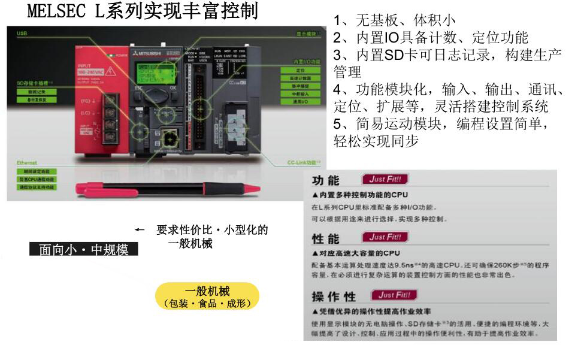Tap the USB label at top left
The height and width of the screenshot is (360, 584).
click(22, 34)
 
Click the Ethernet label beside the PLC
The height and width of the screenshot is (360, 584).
click(27, 162)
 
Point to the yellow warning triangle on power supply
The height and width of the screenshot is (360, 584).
click(110, 71)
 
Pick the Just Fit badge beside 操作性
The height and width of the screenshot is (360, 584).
click(394, 295)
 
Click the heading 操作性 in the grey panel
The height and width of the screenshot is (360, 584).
click(334, 297)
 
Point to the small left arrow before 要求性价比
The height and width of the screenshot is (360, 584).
click(140, 230)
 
